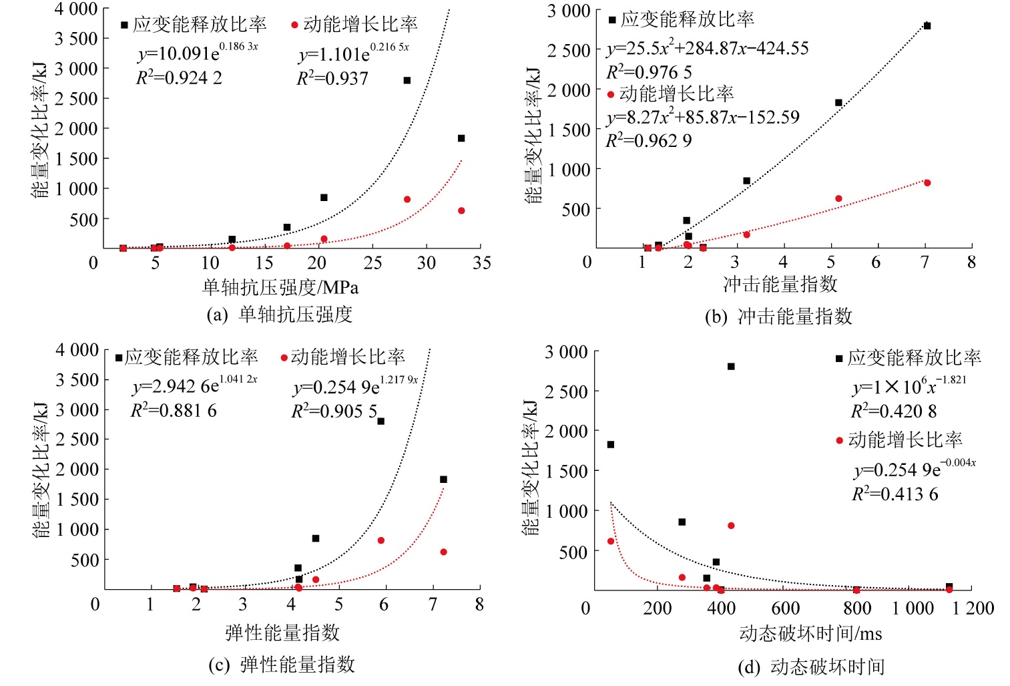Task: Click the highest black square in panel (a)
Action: (x=407, y=80)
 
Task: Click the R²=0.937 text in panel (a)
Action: (x=332, y=79)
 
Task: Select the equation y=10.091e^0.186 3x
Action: (x=198, y=52)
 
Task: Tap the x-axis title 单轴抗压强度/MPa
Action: (x=280, y=287)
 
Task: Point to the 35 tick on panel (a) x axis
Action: (x=481, y=263)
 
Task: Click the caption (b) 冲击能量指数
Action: (x=778, y=317)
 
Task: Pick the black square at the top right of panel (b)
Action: (x=927, y=26)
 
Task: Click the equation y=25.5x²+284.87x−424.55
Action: (x=708, y=48)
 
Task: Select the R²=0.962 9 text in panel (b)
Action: (x=648, y=141)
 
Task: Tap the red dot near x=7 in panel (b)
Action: (x=927, y=183)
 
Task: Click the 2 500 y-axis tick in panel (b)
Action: (x=569, y=51)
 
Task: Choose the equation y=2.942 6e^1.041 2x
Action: (x=194, y=385)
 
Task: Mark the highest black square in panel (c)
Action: (x=381, y=421)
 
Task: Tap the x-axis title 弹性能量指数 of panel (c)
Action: (x=282, y=633)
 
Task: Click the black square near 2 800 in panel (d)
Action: (x=731, y=367)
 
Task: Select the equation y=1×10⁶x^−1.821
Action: (x=909, y=387)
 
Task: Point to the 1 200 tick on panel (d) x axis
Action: (x=973, y=609)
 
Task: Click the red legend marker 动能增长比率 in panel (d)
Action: (x=840, y=441)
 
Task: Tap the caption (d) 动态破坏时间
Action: (x=811, y=667)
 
